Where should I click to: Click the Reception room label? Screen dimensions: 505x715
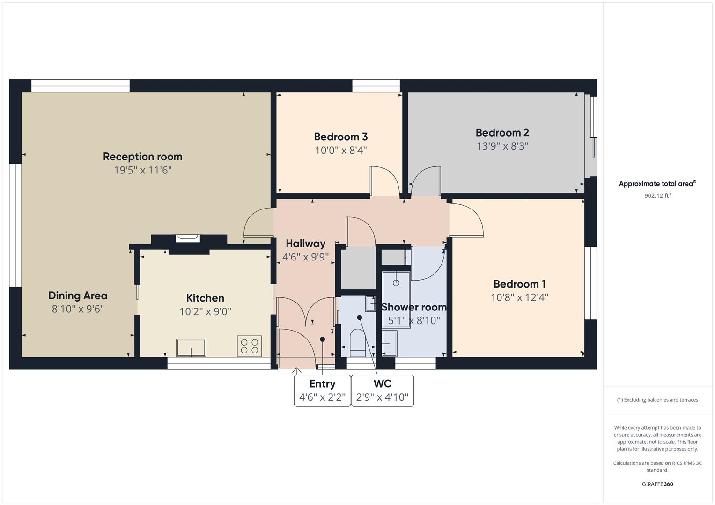(142, 157)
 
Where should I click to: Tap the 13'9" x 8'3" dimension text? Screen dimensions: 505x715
(502, 146)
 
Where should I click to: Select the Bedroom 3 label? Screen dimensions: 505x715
(340, 137)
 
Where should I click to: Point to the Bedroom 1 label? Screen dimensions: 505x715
(519, 284)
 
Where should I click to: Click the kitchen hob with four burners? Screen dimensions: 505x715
(249, 346)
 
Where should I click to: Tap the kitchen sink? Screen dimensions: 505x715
(191, 347)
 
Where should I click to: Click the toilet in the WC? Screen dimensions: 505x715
(358, 343)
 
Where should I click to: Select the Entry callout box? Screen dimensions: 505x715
(322, 390)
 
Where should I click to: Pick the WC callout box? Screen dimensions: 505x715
(382, 390)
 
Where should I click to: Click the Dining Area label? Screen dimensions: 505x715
(78, 296)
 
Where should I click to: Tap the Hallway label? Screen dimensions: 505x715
(305, 244)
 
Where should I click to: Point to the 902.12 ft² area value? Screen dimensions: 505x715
(657, 196)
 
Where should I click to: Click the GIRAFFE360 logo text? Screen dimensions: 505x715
(657, 484)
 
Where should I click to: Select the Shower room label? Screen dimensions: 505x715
(413, 307)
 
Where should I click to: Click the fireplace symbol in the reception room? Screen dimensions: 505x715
(187, 238)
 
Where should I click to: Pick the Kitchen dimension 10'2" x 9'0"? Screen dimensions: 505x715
(205, 311)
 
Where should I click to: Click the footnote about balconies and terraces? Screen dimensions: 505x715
(657, 400)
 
